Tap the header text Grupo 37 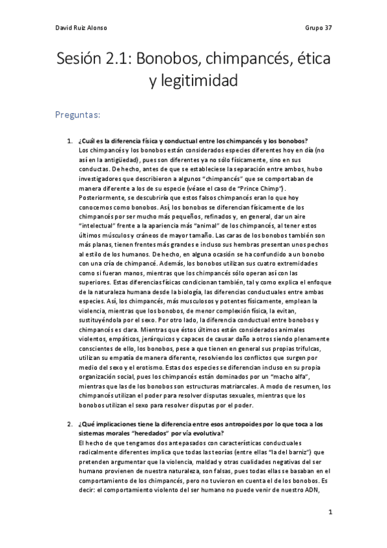[x=318, y=28]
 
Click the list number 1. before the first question [x=70, y=142]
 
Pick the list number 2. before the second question [x=70, y=424]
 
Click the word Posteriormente [x=99, y=195]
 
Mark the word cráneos [x=154, y=237]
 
